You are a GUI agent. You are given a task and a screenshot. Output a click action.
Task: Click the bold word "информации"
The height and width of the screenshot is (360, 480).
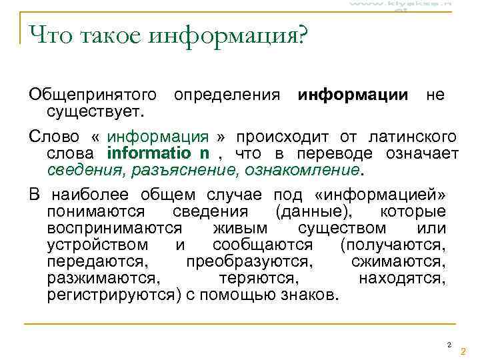[353, 95]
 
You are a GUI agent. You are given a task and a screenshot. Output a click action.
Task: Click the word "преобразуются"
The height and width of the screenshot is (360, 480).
[249, 261]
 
